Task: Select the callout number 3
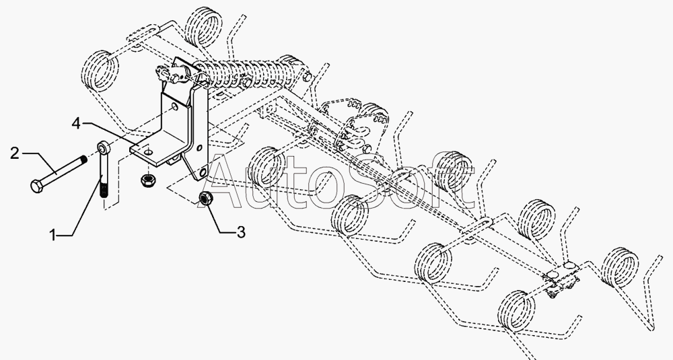[x=241, y=233]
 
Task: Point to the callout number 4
[x=77, y=123]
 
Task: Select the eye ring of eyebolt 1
[x=104, y=147]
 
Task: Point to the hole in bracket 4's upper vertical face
[x=175, y=106]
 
